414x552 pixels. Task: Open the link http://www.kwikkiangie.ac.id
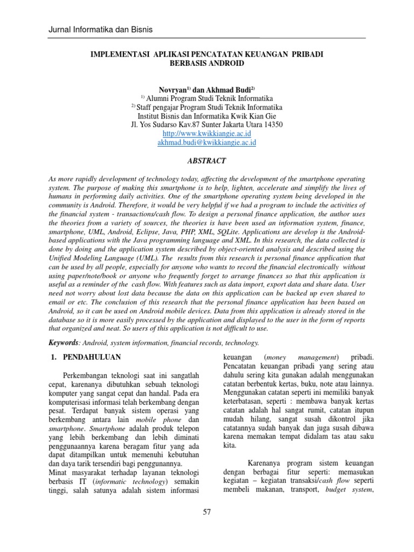click(x=206, y=133)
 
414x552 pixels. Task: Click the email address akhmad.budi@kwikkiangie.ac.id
click(x=206, y=143)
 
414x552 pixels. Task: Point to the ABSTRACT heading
click(x=206, y=161)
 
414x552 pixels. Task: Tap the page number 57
click(x=207, y=512)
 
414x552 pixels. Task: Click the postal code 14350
click(x=271, y=124)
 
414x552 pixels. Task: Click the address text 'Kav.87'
click(x=186, y=124)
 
